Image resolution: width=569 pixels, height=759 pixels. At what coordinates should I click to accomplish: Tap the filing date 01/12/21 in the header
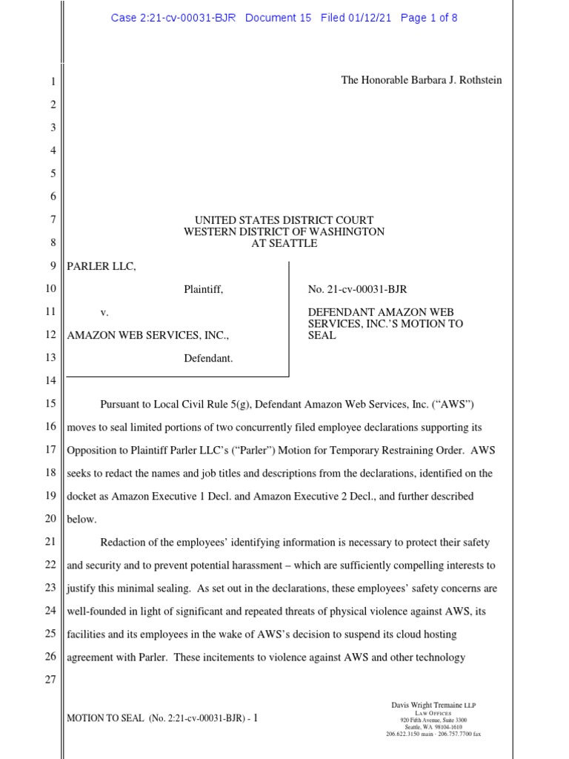pos(371,18)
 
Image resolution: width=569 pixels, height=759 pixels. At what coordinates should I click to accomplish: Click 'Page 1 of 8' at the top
pos(428,18)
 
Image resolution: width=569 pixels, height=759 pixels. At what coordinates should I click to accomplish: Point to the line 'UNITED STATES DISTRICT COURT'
pos(284,220)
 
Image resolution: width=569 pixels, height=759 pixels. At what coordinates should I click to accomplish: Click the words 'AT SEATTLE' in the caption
pos(284,243)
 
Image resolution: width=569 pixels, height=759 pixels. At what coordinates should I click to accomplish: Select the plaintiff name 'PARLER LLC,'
pos(102,267)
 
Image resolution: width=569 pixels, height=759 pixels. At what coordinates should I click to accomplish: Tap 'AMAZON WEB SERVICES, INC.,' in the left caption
pos(148,335)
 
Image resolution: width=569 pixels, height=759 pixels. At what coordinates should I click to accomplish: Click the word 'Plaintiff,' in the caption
pos(203,290)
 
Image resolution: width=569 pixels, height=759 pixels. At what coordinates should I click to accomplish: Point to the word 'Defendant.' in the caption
pos(208,358)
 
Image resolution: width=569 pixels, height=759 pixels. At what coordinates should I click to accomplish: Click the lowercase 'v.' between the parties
pos(104,313)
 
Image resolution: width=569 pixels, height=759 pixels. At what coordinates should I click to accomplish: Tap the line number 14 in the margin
pos(50,381)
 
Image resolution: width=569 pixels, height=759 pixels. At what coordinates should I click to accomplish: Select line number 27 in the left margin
pos(50,680)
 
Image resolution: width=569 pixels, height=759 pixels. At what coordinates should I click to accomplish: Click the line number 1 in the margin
pos(53,82)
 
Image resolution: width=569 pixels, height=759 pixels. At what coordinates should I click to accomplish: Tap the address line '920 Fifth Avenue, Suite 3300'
pos(433,720)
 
